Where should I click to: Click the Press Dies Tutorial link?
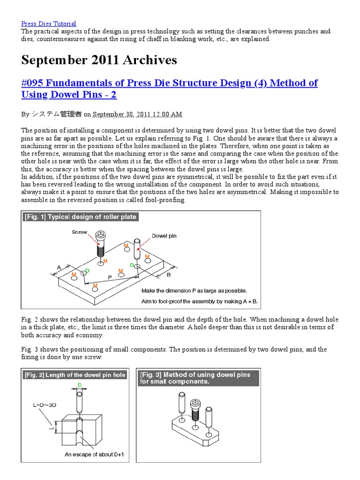point(49,23)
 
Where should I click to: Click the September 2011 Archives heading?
point(99,60)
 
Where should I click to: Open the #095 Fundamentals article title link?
point(169,89)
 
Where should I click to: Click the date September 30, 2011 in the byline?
point(137,114)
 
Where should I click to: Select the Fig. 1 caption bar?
point(80,217)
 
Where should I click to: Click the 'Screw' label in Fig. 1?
point(80,232)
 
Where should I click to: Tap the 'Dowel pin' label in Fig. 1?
point(164,236)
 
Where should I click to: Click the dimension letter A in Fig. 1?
point(59,267)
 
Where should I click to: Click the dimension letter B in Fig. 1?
point(169,275)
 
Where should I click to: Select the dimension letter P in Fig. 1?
point(110,277)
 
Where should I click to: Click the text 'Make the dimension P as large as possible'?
point(194,291)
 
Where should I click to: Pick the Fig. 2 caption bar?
point(75,375)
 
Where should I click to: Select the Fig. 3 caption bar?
point(199,378)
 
